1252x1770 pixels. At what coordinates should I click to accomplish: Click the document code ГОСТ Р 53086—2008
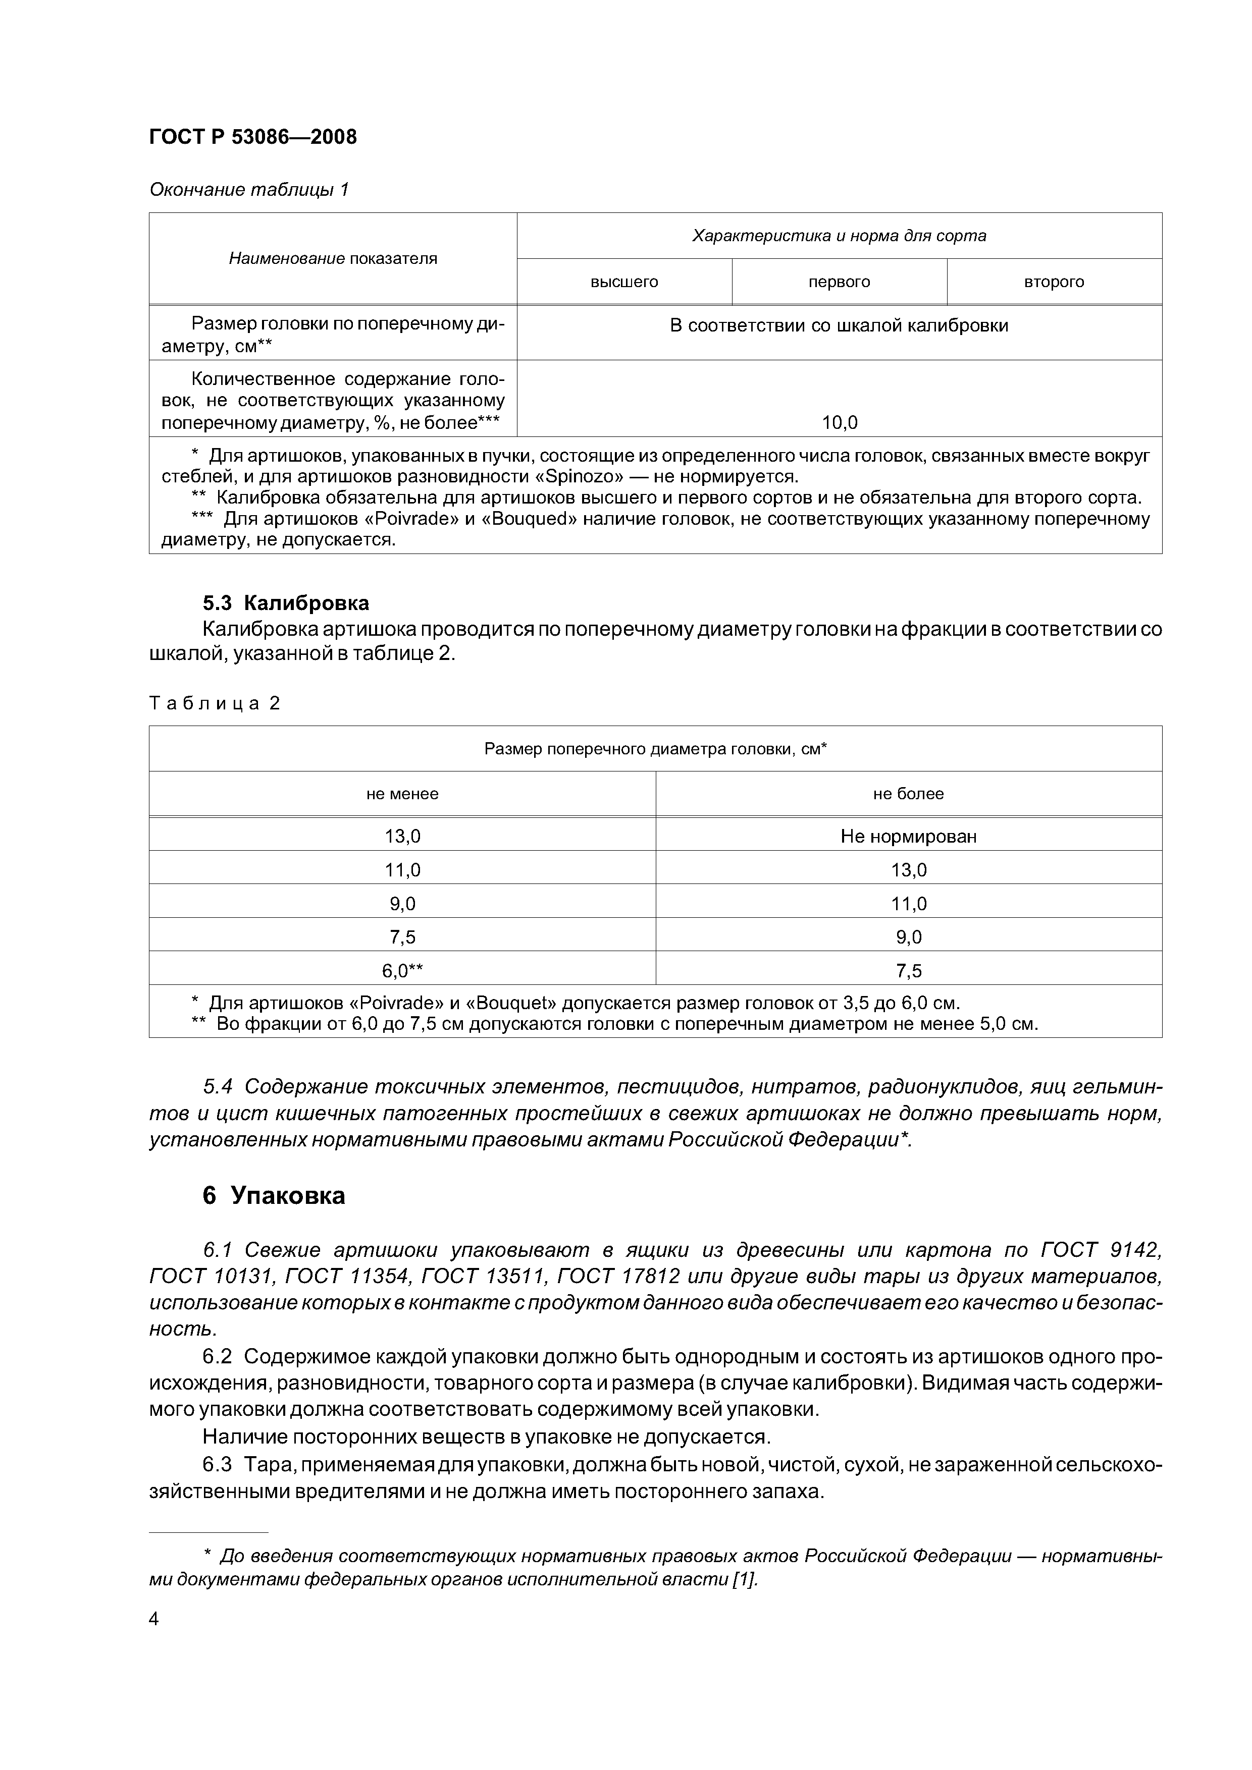pyautogui.click(x=253, y=137)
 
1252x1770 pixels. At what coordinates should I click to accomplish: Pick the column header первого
pyautogui.click(x=840, y=282)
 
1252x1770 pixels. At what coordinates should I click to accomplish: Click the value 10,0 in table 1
pyautogui.click(x=840, y=422)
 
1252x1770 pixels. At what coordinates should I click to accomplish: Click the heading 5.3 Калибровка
pyautogui.click(x=285, y=603)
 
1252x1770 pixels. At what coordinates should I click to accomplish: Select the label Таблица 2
pyautogui.click(x=215, y=703)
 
